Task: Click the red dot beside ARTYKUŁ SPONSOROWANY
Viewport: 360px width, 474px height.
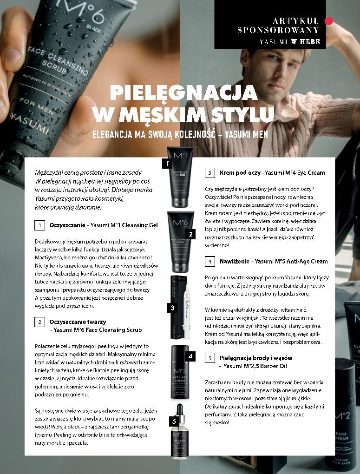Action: [x=329, y=20]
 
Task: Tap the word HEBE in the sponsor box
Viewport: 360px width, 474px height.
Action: [x=310, y=41]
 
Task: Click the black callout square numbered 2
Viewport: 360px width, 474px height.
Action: [x=190, y=234]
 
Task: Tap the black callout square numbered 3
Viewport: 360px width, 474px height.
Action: [x=172, y=308]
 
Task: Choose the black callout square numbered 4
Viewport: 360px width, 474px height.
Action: [x=190, y=357]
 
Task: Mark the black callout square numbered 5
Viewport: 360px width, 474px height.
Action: [x=173, y=421]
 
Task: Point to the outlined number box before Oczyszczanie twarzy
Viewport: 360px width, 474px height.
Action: [x=40, y=322]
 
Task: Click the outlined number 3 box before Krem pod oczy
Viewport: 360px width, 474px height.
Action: [x=210, y=173]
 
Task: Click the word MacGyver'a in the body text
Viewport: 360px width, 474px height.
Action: [x=50, y=257]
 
